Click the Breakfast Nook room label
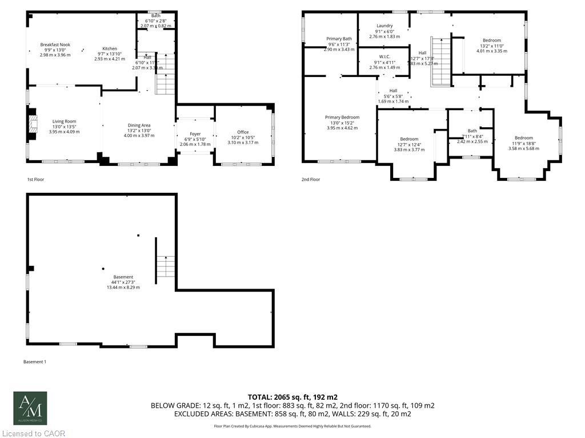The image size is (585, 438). [55, 44]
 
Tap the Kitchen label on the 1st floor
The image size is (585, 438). [109, 48]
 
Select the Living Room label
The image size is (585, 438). [64, 121]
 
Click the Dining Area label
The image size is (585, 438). [139, 125]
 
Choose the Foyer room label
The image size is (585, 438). [195, 133]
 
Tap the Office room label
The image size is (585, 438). [243, 132]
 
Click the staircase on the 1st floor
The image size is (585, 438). [165, 74]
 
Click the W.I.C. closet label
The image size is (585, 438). [384, 56]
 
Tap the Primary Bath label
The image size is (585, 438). [339, 39]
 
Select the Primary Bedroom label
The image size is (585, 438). [342, 117]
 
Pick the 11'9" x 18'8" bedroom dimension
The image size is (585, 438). [523, 143]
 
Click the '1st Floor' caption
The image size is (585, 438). [35, 180]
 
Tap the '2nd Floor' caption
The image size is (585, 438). [311, 180]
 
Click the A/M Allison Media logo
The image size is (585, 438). [30, 408]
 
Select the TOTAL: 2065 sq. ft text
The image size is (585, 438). [292, 396]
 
